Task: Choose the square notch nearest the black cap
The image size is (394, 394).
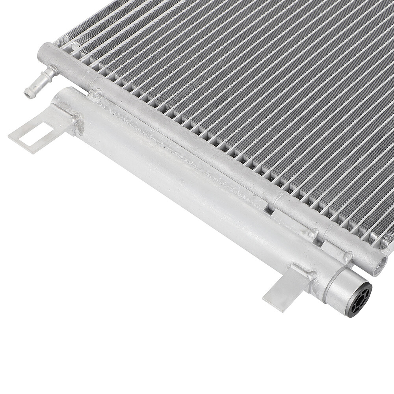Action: [327, 246]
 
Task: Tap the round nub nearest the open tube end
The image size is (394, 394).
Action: [348, 257]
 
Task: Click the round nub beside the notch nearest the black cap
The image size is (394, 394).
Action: [314, 233]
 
